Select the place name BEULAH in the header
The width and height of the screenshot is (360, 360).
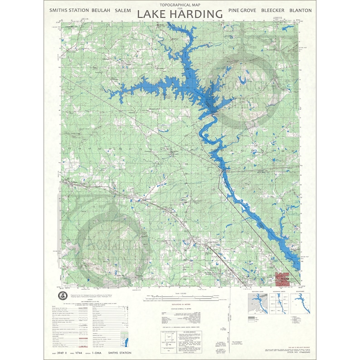pos(100,10)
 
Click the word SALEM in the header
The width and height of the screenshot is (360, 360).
pos(122,10)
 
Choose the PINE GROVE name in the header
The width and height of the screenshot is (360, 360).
pos(243,10)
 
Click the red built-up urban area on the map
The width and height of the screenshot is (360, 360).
pos(283,278)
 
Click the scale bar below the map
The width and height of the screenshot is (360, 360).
pos(180,297)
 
